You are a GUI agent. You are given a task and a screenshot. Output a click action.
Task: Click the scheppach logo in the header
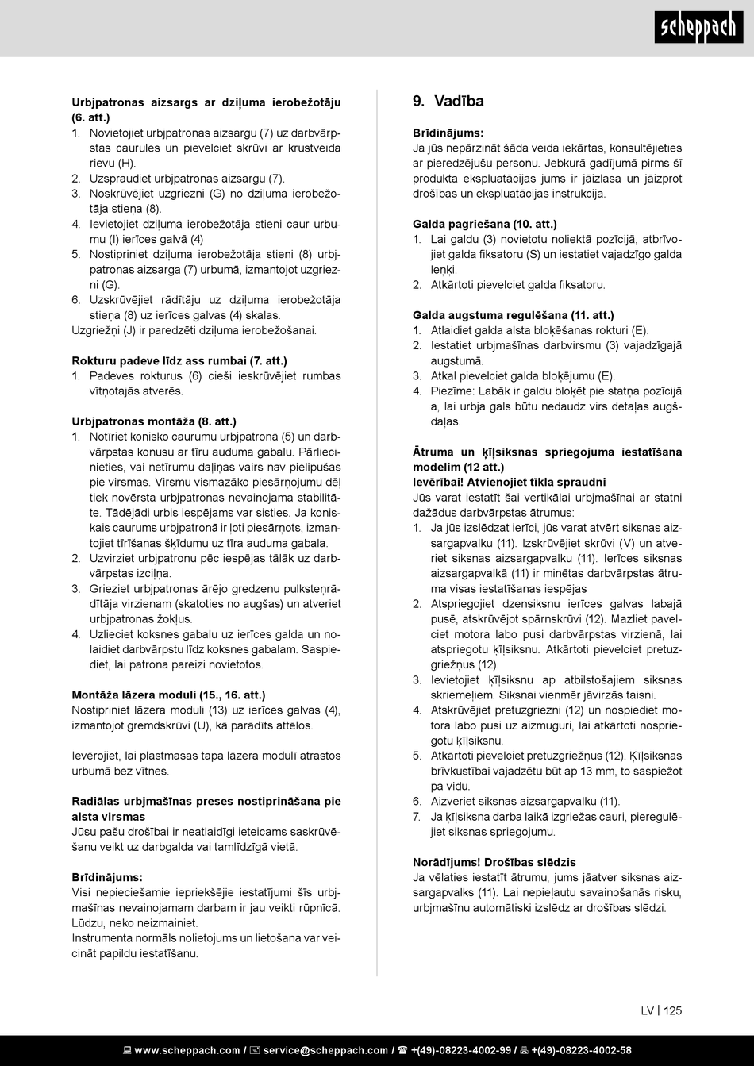click(698, 29)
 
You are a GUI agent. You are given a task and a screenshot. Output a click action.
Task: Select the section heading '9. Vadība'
click(448, 101)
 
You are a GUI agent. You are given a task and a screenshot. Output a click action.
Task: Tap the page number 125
click(673, 1010)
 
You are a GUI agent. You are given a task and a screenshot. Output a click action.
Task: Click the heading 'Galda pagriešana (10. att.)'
click(484, 225)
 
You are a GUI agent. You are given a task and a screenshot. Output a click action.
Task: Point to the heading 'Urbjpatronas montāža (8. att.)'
click(154, 421)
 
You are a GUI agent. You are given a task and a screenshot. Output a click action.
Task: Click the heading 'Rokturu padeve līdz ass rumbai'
click(179, 360)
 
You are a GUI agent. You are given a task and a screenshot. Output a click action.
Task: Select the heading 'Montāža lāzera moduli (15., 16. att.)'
click(168, 695)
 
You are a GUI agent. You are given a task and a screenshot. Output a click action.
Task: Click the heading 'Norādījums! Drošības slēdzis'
click(494, 862)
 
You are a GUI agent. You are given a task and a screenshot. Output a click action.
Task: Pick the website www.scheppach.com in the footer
click(187, 1050)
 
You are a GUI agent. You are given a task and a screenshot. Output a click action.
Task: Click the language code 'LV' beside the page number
click(648, 1010)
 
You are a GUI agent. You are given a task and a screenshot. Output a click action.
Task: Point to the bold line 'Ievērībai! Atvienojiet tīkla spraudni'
click(509, 482)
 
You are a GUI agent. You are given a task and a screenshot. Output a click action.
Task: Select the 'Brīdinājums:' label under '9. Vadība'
click(448, 133)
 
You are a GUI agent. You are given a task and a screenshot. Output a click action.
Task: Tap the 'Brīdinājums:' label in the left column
click(107, 877)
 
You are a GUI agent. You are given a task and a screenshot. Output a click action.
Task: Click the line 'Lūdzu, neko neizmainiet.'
click(135, 923)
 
